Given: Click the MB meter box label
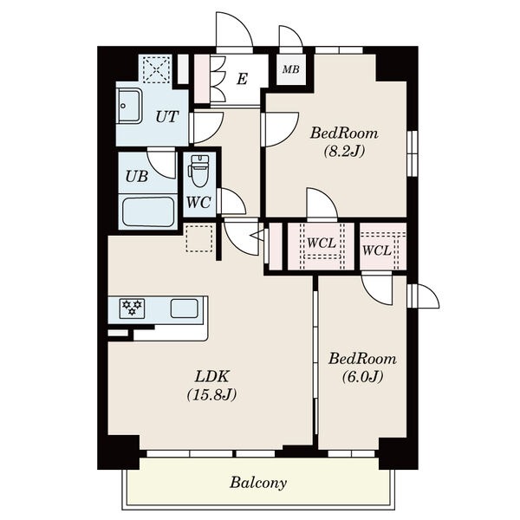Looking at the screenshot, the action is click(291, 69).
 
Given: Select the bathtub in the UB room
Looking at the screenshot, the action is click(148, 211).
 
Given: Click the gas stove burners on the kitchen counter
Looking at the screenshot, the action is click(132, 307).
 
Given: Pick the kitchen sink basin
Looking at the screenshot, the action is click(185, 309).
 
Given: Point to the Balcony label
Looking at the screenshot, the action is click(258, 483).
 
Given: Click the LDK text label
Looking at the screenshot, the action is click(212, 377).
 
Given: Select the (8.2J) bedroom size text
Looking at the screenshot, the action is click(344, 152).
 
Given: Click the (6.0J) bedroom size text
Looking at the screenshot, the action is click(362, 377).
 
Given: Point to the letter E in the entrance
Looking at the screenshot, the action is click(242, 79).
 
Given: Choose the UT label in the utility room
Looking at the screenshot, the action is click(167, 117).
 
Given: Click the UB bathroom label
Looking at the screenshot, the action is click(137, 177).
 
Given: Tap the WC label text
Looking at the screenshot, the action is click(198, 202).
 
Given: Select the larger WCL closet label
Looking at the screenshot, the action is click(322, 243).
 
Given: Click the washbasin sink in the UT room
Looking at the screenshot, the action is click(129, 106).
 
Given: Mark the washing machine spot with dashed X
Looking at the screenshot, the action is click(157, 69).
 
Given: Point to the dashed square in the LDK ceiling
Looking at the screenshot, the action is click(199, 238).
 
